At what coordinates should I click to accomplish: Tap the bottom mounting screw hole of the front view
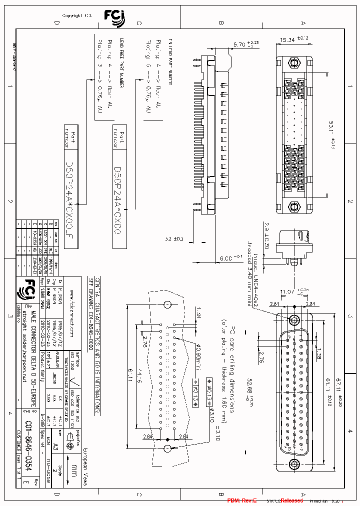click(x=294, y=463)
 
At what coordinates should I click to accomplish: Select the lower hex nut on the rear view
click(x=294, y=205)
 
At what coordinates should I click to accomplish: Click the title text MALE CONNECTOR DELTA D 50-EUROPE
click(x=34, y=350)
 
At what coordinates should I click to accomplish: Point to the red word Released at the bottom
click(x=291, y=500)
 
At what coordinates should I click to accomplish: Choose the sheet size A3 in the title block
click(x=55, y=444)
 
